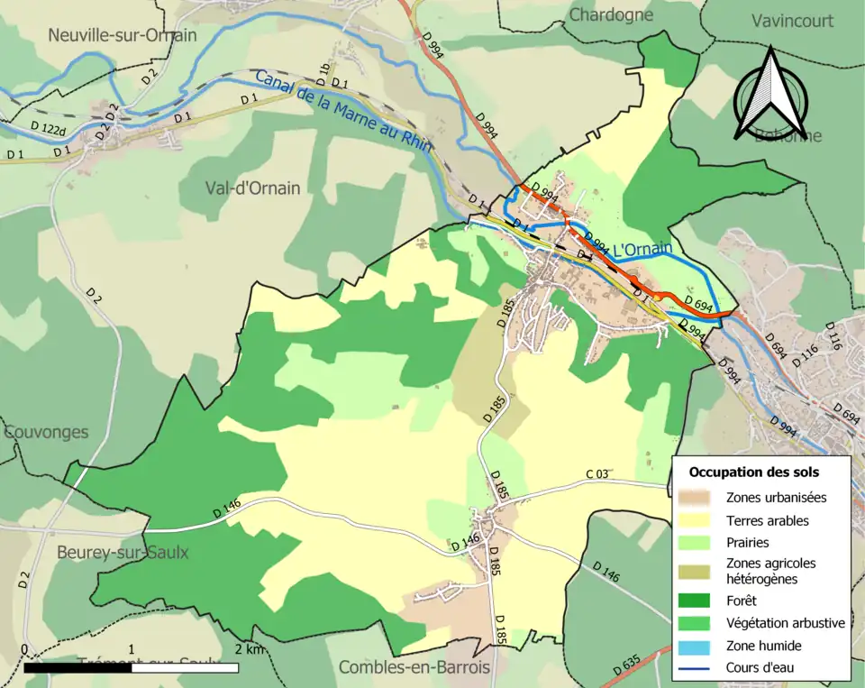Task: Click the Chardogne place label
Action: pyautogui.click(x=612, y=14)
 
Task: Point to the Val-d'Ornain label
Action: pyautogui.click(x=252, y=188)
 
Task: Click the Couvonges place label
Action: pyautogui.click(x=46, y=431)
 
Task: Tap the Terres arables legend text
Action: pyautogui.click(x=767, y=520)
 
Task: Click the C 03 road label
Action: pyautogui.click(x=598, y=474)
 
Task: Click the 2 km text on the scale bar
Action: pyautogui.click(x=250, y=649)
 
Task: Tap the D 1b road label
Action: pyautogui.click(x=323, y=69)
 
